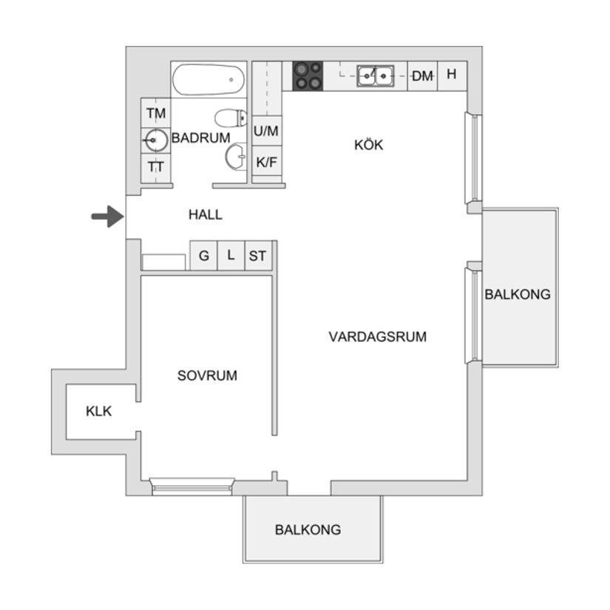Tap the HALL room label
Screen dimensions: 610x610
pos(205,215)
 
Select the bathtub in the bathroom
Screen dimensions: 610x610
pos(209,79)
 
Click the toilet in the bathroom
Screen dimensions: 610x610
pos(231,118)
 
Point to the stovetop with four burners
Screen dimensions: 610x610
pos(308,75)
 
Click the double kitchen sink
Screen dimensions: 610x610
pos(375,75)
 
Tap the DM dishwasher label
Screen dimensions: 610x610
pos(422,75)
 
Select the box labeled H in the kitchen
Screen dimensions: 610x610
pos(452,75)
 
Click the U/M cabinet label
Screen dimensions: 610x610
pos(266,132)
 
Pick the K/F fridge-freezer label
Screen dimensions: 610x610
pos(266,161)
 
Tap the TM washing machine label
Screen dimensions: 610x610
pos(156,113)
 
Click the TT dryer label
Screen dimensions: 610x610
pos(156,167)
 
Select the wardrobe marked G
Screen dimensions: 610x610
pos(203,256)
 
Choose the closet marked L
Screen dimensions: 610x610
pos(231,256)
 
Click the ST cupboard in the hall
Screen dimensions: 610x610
pos(257,256)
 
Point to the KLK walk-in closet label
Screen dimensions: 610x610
pos(99,411)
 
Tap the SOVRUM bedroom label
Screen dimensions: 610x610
pos(207,376)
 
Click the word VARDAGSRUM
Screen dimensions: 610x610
pos(377,337)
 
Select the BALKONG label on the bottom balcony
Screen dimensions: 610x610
pos(308,529)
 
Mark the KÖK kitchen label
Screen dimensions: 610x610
pos(368,145)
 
